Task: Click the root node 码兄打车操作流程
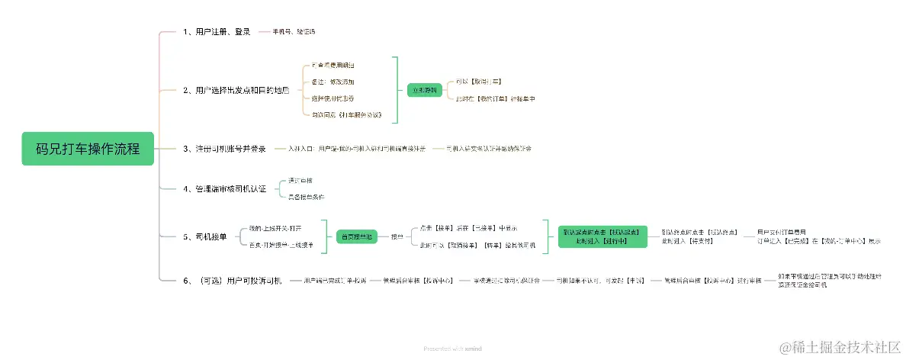point(88,149)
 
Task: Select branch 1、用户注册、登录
point(217,32)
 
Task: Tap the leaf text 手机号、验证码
point(294,32)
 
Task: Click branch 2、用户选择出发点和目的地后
point(236,90)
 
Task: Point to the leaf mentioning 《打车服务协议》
point(346,115)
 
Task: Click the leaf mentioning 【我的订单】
point(496,98)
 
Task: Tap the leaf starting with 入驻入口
point(357,149)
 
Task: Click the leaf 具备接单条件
point(306,197)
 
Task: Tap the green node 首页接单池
point(358,237)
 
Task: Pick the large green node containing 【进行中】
point(602,236)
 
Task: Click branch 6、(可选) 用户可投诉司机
point(233,281)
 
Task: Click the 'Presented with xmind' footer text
point(452,349)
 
